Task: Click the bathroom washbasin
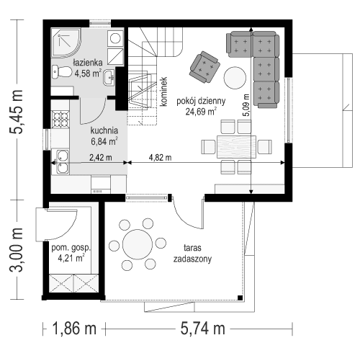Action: (x=108, y=78)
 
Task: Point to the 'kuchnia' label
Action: (x=105, y=131)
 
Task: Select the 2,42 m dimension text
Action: (x=101, y=156)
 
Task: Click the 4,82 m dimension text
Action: (x=160, y=156)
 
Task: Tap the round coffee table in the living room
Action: (x=234, y=76)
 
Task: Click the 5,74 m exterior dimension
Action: (x=200, y=329)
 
